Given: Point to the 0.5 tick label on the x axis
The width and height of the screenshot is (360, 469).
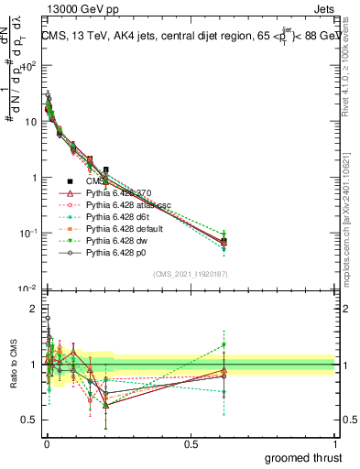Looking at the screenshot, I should click(x=190, y=442).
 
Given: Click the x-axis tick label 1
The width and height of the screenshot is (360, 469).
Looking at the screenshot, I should click(x=336, y=442).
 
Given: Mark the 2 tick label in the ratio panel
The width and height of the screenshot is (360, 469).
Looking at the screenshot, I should click(x=34, y=309).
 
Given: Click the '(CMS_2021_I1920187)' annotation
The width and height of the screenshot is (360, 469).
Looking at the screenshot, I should click(x=191, y=274).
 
